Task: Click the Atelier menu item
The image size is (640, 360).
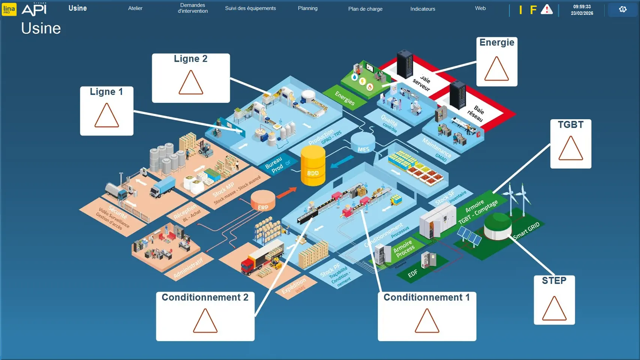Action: pyautogui.click(x=135, y=8)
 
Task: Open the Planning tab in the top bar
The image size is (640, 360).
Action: pyautogui.click(x=307, y=8)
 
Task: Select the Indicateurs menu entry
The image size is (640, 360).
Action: pyautogui.click(x=423, y=9)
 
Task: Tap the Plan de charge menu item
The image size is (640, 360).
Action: pyautogui.click(x=365, y=9)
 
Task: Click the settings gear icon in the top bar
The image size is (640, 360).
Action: pyautogui.click(x=622, y=9)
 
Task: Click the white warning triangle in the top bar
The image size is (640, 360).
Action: pyautogui.click(x=547, y=10)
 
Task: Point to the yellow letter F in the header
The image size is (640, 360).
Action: pyautogui.click(x=533, y=10)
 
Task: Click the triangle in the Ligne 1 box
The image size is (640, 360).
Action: pyautogui.click(x=106, y=116)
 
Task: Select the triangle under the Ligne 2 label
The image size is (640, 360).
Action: pyautogui.click(x=191, y=83)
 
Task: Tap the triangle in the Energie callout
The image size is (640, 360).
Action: pyautogui.click(x=496, y=69)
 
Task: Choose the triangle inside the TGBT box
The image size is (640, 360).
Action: pyautogui.click(x=571, y=149)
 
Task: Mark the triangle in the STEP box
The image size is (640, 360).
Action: pyautogui.click(x=554, y=309)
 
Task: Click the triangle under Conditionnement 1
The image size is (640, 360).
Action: pyautogui.click(x=427, y=321)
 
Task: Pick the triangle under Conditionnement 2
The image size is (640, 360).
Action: pyautogui.click(x=205, y=321)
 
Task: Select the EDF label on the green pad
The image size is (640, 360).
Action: pyautogui.click(x=412, y=274)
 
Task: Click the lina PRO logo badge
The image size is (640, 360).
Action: pyautogui.click(x=9, y=9)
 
